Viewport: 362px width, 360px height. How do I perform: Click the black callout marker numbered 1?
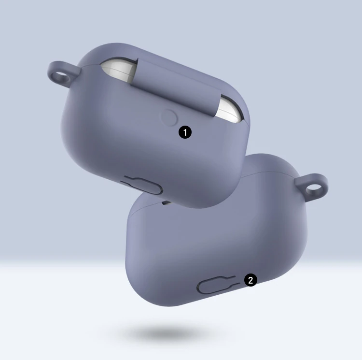coord(185,132)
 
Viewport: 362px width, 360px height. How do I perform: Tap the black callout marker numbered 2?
coord(251,280)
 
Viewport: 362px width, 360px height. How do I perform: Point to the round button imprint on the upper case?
coord(169,117)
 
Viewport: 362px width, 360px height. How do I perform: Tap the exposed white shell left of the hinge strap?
coord(119,69)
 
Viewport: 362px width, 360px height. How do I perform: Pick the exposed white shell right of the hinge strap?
coord(230,109)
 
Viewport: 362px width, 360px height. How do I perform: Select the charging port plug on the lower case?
coord(216,285)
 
